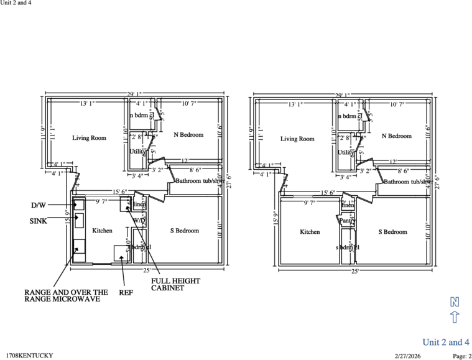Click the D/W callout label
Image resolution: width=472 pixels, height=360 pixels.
[39, 205]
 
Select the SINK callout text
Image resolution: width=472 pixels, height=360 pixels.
[39, 221]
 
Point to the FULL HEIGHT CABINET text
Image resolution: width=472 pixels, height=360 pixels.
[176, 284]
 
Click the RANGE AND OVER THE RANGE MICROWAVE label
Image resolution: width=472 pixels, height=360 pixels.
[66, 295]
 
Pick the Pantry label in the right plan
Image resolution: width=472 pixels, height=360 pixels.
[346, 220]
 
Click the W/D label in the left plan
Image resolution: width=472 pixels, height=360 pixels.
[139, 220]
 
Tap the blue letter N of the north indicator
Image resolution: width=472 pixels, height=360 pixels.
[455, 302]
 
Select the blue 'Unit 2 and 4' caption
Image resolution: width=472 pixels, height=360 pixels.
[446, 342]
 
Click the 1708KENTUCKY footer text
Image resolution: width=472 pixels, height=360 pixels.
[29, 356]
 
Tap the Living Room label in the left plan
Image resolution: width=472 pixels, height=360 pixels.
[89, 139]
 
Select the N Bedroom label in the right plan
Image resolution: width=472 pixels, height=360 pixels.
[397, 136]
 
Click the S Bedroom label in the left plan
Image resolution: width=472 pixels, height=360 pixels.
[185, 231]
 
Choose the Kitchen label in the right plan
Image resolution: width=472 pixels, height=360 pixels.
[310, 232]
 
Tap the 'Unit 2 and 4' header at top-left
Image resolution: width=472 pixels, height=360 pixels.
[16, 3]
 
